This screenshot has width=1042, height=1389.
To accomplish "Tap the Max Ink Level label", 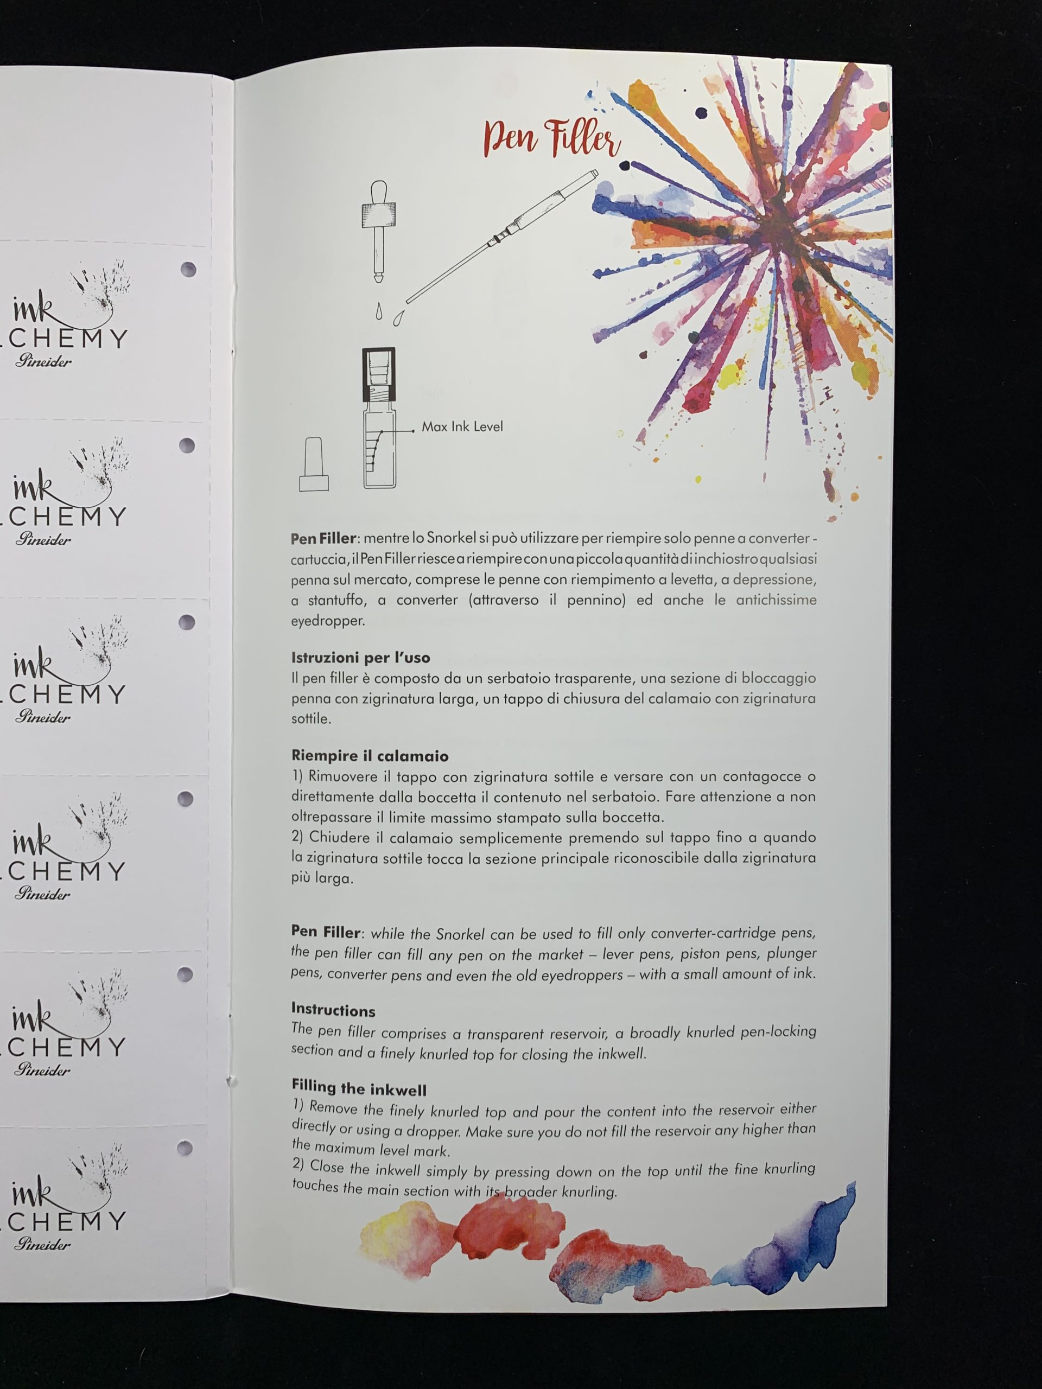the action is (x=462, y=426).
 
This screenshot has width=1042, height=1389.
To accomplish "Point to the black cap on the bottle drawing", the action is (x=379, y=375).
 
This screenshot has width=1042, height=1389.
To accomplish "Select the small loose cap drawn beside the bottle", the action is (x=314, y=464).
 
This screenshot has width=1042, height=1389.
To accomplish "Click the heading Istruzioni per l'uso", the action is (x=360, y=658).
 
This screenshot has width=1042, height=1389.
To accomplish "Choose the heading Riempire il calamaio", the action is (x=370, y=755).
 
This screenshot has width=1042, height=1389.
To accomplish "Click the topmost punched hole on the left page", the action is (x=188, y=269).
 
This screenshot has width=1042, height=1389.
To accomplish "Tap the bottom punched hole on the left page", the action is (x=185, y=1148).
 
